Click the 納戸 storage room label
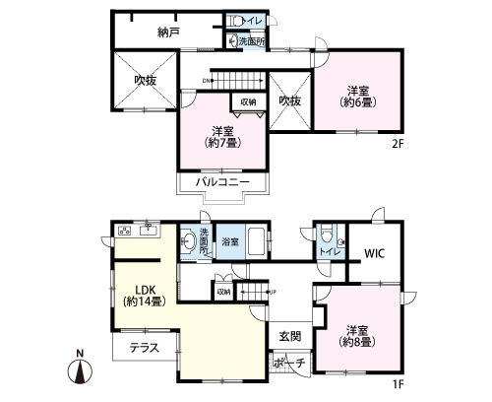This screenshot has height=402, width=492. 169,33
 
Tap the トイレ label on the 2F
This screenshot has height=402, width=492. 252,20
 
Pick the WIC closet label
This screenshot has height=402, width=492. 375,253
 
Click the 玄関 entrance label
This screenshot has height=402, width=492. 289,335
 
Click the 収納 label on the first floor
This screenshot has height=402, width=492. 223,291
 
